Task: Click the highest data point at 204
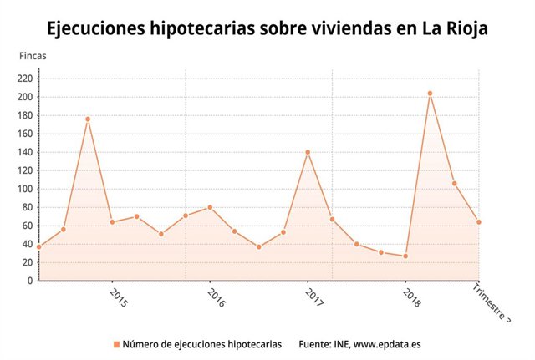[x=430, y=94]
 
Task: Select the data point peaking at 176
[x=88, y=119]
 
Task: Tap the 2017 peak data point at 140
[x=308, y=152]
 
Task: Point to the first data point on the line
[x=38, y=246]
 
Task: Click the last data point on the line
[x=479, y=222]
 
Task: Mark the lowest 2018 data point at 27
[x=405, y=256]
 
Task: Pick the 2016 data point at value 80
[x=210, y=207]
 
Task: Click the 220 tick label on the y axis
[x=24, y=79]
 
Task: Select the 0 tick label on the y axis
[x=29, y=281]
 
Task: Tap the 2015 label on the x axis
[x=118, y=298]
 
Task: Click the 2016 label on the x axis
[x=216, y=298]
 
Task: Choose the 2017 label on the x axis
[x=313, y=298]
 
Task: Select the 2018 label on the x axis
[x=411, y=298]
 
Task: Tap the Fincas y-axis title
[x=33, y=56]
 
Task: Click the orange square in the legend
[x=115, y=344]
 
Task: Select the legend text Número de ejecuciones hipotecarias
[x=201, y=344]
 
